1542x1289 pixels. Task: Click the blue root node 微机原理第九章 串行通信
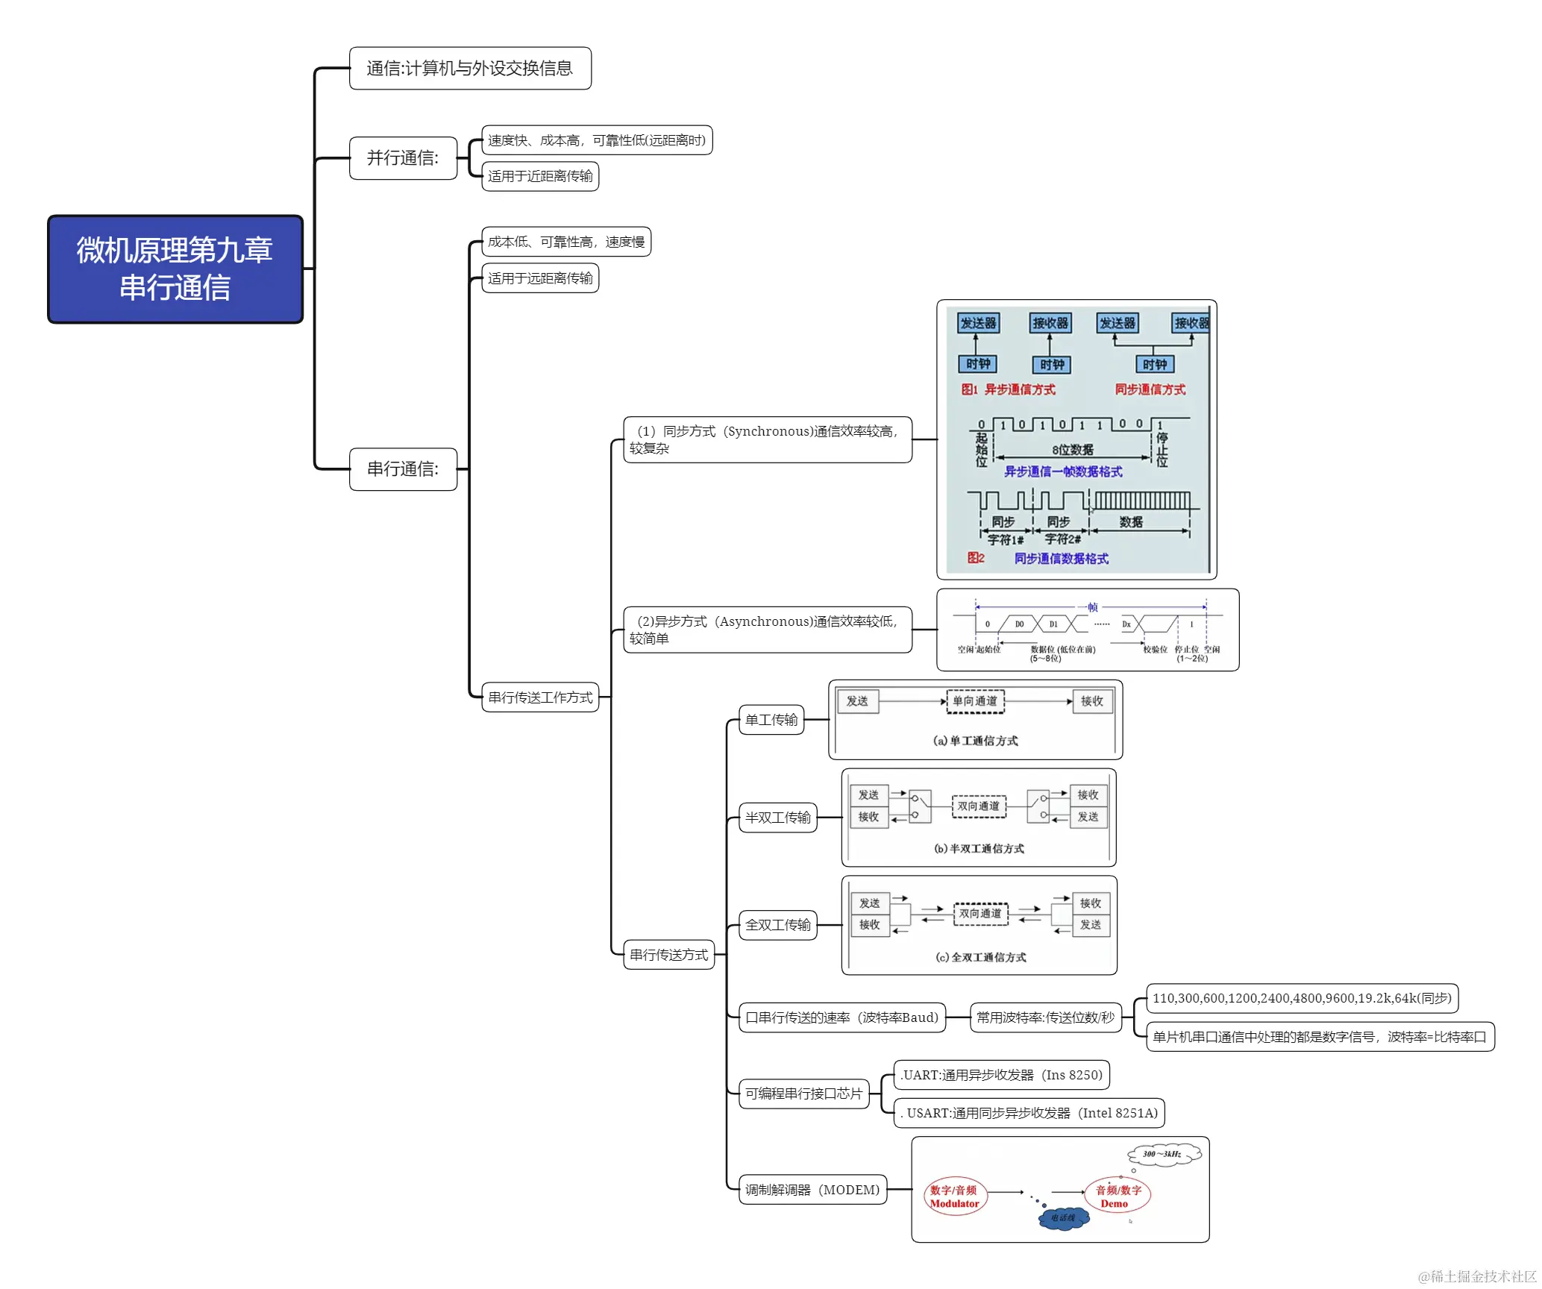tap(175, 269)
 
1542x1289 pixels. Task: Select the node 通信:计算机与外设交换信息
tap(470, 69)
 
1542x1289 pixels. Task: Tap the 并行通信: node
tap(403, 158)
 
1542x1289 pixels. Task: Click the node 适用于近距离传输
tap(540, 177)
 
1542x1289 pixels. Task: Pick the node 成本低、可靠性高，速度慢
tap(566, 242)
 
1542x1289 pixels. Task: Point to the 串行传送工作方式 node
tap(540, 697)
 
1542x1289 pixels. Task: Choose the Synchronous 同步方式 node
tap(767, 439)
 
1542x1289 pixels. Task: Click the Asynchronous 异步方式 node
tap(767, 630)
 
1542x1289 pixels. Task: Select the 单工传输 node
tap(771, 720)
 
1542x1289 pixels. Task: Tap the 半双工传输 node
tap(777, 818)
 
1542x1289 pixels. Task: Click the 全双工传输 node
tap(777, 925)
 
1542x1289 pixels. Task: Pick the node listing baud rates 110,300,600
tap(1301, 998)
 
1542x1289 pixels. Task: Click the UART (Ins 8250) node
tap(1001, 1075)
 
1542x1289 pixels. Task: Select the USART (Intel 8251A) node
tap(1029, 1113)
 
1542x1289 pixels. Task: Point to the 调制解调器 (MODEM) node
tap(812, 1190)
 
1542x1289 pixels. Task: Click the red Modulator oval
tap(954, 1197)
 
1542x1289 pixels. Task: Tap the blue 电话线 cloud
tap(1064, 1218)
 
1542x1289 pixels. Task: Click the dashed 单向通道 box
tap(975, 701)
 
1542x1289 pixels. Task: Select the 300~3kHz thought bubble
tap(1163, 1154)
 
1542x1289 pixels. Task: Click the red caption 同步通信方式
tap(1150, 389)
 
